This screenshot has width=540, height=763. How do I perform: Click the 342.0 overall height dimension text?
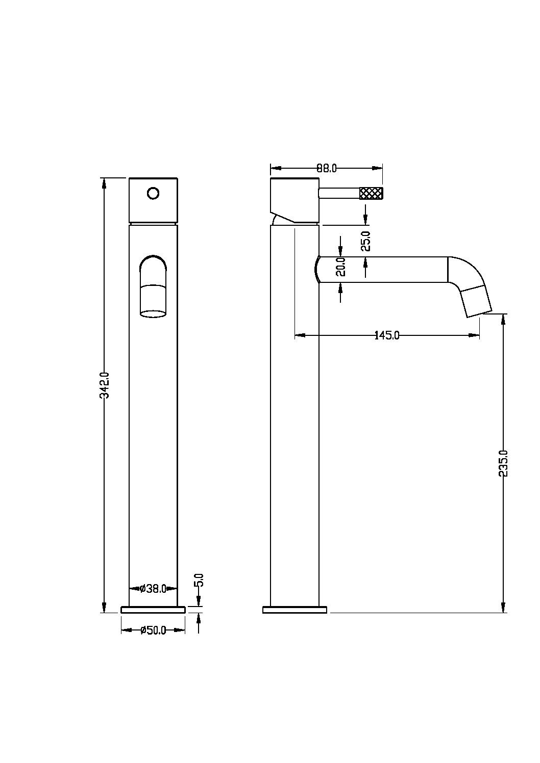point(105,385)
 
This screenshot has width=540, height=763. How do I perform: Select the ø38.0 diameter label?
point(153,588)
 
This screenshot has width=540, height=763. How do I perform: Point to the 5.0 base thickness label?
point(199,580)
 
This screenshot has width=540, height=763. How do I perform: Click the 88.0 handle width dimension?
point(326,168)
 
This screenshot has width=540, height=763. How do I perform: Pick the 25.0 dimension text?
point(365,241)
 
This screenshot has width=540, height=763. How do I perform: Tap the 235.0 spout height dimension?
point(503,463)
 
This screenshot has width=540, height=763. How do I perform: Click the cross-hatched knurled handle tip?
point(372,193)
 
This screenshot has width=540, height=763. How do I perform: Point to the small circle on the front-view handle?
point(153,193)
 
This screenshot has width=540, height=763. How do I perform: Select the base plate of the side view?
point(294,610)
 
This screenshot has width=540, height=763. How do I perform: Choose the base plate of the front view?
point(153,610)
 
